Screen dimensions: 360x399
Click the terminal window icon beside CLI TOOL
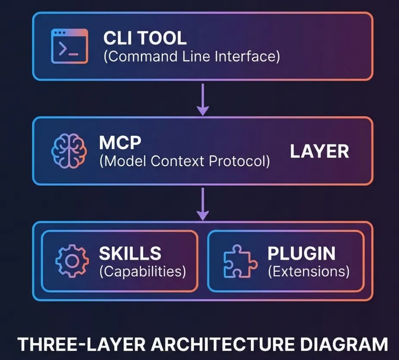point(69,46)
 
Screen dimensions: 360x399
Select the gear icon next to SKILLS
point(72,260)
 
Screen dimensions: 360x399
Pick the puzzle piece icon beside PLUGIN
point(240,260)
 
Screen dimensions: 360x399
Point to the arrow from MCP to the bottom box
point(202,203)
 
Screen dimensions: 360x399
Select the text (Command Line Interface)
point(192,56)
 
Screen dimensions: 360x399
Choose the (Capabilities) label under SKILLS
point(143,272)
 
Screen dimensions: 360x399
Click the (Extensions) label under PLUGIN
point(308,272)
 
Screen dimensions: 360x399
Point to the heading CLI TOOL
point(145,38)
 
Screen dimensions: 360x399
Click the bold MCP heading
point(118,143)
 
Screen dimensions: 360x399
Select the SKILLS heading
point(130,254)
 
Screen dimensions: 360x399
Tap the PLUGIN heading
point(302,254)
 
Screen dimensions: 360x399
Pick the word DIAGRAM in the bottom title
point(342,344)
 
